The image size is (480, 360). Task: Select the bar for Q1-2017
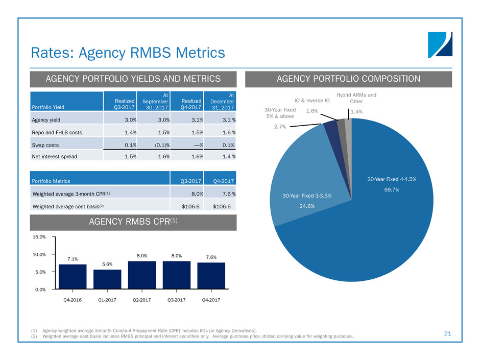[107, 279]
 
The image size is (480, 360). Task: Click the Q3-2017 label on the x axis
[176, 300]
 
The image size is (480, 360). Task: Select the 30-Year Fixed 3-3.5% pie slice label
[306, 196]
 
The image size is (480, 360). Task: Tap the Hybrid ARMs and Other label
[357, 98]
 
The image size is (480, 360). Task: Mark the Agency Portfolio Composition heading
[349, 79]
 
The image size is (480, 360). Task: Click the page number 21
[448, 333]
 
